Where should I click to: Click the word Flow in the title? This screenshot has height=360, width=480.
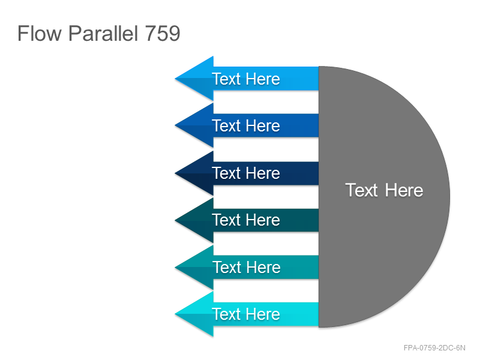pyautogui.click(x=40, y=33)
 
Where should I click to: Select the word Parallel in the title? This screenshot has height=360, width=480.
pyautogui.click(x=103, y=33)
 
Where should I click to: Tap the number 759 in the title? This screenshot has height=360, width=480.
pyautogui.click(x=163, y=33)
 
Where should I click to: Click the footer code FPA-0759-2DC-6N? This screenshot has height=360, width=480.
pyautogui.click(x=434, y=348)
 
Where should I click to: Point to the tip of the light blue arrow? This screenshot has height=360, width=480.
pyautogui.click(x=175, y=79)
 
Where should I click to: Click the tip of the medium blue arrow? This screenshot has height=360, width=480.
pyautogui.click(x=175, y=125)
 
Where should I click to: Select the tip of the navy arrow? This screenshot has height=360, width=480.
pyautogui.click(x=175, y=173)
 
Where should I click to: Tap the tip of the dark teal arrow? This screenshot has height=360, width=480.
pyautogui.click(x=175, y=220)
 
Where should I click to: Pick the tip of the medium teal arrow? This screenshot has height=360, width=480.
pyautogui.click(x=175, y=268)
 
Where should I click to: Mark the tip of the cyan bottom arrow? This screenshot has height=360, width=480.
pyautogui.click(x=175, y=314)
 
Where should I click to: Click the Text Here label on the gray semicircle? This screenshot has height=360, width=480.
pyautogui.click(x=384, y=190)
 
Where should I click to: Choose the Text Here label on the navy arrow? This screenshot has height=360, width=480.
pyautogui.click(x=246, y=173)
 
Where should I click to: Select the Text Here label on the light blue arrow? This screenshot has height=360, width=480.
pyautogui.click(x=246, y=79)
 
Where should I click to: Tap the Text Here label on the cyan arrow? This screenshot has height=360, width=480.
pyautogui.click(x=246, y=314)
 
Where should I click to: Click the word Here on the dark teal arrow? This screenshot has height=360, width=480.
pyautogui.click(x=263, y=220)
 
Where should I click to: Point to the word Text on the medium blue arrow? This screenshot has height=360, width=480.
pyautogui.click(x=227, y=126)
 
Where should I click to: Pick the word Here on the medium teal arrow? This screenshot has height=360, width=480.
pyautogui.click(x=263, y=267)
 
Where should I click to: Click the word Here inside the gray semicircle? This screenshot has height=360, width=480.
pyautogui.click(x=404, y=190)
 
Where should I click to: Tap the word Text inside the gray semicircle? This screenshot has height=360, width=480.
pyautogui.click(x=362, y=190)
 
